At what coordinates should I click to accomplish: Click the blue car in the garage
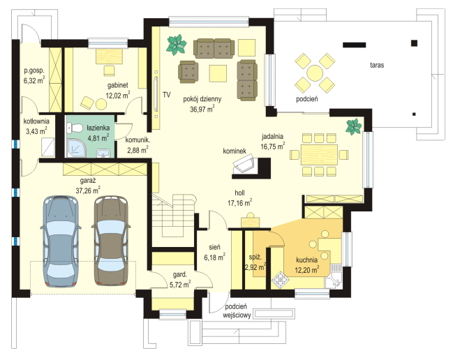[61, 241]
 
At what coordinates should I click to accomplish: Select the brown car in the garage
[111, 241]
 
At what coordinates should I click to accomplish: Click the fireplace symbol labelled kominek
[244, 165]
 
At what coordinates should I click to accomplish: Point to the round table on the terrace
[315, 73]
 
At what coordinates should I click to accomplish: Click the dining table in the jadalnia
[319, 155]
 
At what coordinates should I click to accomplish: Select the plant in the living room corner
[176, 45]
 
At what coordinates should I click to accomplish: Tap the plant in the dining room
[354, 126]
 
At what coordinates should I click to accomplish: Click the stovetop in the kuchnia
[279, 280]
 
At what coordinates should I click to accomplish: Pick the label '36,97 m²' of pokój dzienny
[202, 109]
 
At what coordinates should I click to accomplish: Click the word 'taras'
[377, 65]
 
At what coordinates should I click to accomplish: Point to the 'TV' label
[166, 94]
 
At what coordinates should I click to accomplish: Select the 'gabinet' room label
[118, 85]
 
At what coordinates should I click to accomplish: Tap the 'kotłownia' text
[36, 121]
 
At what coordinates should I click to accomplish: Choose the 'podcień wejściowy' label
[237, 311]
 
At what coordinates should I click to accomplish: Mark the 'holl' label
[240, 193]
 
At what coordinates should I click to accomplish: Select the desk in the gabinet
[109, 56]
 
